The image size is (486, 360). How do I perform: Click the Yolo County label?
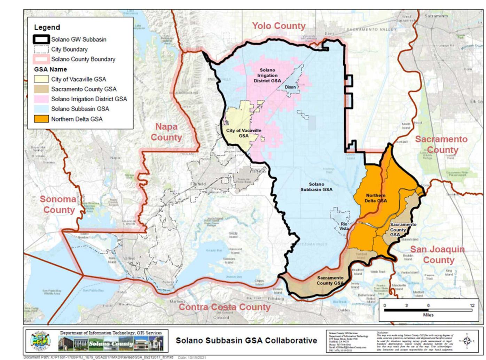click(x=279, y=26)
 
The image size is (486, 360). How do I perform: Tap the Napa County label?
click(x=166, y=132)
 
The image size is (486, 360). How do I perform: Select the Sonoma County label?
click(x=58, y=204)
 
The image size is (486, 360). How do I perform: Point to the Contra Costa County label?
click(x=225, y=307)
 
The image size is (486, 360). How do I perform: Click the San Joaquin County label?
click(x=438, y=255)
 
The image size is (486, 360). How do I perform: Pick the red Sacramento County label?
click(x=441, y=144)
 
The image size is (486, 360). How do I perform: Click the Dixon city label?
click(x=290, y=87)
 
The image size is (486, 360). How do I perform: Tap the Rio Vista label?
click(x=344, y=226)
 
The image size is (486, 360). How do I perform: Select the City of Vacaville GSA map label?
click(x=244, y=133)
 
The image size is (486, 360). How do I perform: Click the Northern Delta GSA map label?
click(x=376, y=198)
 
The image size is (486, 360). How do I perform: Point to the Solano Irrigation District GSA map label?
click(x=267, y=75)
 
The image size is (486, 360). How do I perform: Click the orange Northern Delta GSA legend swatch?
click(x=41, y=119)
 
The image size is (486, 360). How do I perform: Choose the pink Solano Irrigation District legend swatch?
click(x=41, y=99)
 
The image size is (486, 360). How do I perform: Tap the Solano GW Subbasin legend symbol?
click(x=41, y=39)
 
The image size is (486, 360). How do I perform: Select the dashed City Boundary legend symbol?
click(x=41, y=49)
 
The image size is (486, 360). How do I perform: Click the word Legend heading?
click(x=47, y=27)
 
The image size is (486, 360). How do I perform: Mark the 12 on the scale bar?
click(x=472, y=305)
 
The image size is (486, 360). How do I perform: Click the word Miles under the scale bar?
click(x=428, y=315)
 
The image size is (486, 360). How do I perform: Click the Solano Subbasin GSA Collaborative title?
click(x=246, y=340)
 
